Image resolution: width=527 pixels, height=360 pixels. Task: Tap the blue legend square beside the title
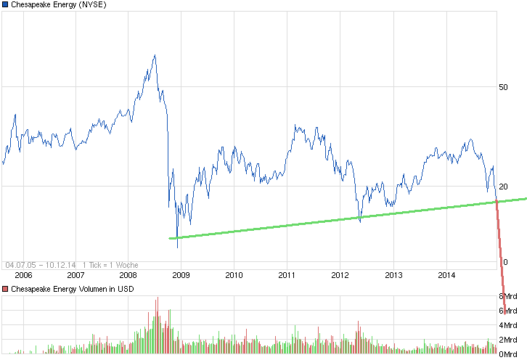tap(5, 5)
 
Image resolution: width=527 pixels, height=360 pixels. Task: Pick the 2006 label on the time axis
tap(24, 275)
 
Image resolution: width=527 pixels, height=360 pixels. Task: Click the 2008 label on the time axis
tap(128, 275)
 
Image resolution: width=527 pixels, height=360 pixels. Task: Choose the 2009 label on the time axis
tap(181, 275)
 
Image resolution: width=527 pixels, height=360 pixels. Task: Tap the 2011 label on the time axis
tap(287, 275)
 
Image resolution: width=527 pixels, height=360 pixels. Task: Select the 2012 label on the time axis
tap(340, 275)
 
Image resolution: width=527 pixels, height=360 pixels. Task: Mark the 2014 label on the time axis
tap(447, 275)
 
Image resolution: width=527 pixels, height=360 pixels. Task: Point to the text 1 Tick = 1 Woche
tap(110, 265)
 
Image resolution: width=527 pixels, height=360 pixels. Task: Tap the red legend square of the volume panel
tap(5, 290)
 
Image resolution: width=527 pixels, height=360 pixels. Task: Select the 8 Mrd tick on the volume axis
tap(506, 296)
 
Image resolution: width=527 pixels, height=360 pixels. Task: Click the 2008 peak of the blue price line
tap(154, 55)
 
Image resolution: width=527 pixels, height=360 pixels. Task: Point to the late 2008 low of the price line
tap(178, 247)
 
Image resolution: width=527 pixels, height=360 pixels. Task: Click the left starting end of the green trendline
tap(170, 238)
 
